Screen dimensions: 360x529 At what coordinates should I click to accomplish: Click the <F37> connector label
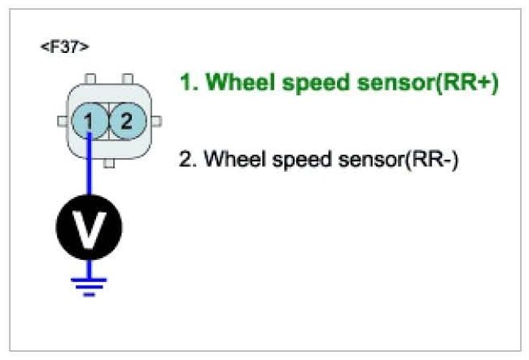click(x=64, y=46)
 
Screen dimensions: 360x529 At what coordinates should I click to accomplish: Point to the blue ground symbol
click(x=90, y=285)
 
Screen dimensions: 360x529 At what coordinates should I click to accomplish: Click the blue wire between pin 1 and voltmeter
click(x=90, y=171)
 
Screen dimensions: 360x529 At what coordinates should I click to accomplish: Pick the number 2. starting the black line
click(x=187, y=159)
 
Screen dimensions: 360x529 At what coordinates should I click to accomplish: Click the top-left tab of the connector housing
click(x=91, y=80)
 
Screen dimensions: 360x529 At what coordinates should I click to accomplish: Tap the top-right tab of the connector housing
click(x=126, y=80)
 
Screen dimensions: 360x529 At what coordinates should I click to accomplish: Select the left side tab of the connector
click(x=61, y=122)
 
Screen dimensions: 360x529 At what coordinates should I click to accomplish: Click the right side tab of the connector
click(x=156, y=122)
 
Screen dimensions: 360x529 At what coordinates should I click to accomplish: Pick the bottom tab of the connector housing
click(x=108, y=162)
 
